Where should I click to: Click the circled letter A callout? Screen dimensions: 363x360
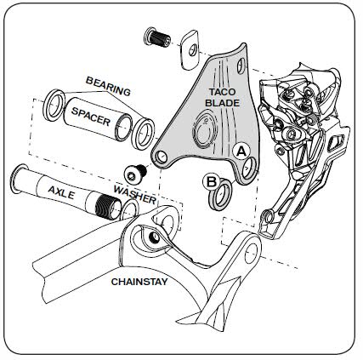coord(241,151)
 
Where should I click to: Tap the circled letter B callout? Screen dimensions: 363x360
coord(212,182)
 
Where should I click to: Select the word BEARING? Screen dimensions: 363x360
coord(108,86)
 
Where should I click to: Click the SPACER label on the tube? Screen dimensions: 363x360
coord(91,117)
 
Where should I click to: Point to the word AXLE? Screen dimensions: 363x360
coord(61,192)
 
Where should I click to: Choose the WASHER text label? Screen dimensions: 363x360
coord(135,195)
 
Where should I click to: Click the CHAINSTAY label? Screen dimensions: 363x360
coord(139,282)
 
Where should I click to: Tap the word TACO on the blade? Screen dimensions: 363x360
coord(223,92)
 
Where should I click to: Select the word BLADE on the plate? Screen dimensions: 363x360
coord(223,103)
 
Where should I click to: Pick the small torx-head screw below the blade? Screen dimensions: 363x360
coord(136,173)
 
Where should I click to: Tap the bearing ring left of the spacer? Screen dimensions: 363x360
coord(54,106)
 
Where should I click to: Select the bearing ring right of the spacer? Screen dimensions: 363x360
coord(145,134)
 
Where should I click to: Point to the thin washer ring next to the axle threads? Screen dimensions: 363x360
coord(130,210)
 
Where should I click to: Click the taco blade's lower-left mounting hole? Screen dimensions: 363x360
coord(162,157)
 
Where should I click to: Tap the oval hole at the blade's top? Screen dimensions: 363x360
coord(241,66)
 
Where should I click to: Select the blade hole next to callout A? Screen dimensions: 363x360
coord(249,169)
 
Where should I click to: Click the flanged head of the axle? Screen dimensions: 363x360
coord(16,179)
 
